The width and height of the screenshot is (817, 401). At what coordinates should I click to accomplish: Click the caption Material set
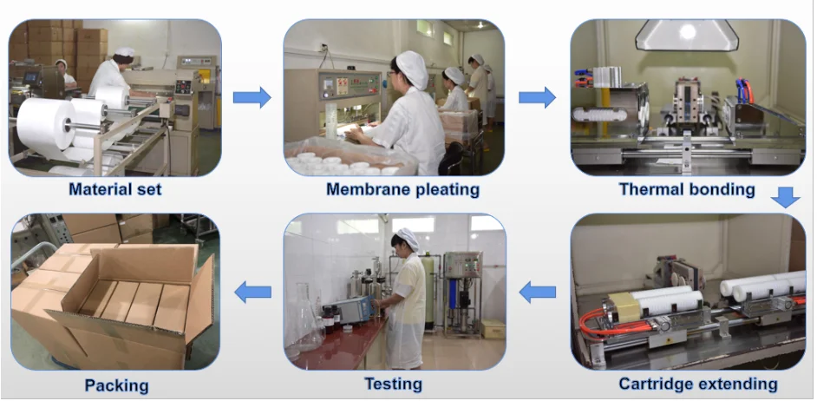[x=115, y=188]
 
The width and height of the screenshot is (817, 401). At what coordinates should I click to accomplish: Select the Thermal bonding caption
[x=686, y=188]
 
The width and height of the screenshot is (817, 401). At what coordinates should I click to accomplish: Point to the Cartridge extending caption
[x=697, y=384]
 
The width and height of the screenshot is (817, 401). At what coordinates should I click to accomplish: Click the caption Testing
[x=393, y=384]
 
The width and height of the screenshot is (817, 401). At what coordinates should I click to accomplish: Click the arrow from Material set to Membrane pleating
[x=252, y=96]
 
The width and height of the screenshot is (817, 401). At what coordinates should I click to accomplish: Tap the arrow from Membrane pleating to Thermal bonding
[x=537, y=96]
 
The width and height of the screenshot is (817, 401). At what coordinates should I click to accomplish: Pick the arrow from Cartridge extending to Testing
[x=537, y=293]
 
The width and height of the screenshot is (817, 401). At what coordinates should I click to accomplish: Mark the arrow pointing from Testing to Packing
[x=253, y=293]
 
